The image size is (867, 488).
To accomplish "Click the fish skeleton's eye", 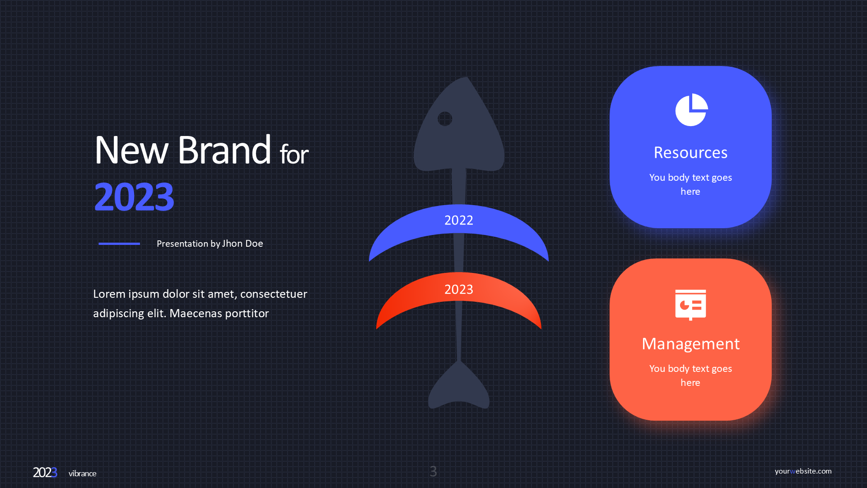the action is tap(445, 119).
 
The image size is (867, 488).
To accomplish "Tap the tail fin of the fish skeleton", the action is tap(459, 386).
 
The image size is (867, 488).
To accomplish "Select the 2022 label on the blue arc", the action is tap(459, 220).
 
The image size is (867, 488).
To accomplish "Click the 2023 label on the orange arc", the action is tap(459, 289).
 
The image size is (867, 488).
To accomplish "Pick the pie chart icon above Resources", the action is tap(691, 110).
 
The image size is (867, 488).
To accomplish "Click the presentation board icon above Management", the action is tap(690, 305).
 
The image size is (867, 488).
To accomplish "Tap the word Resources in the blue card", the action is tap(690, 153).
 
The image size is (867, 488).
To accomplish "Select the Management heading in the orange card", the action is tap(690, 344).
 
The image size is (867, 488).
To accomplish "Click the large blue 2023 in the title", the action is tap(134, 197).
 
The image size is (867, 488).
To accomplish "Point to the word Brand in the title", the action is tap(224, 150).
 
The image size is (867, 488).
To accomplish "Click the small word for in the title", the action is tap(294, 154).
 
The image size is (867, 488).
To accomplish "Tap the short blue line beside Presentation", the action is tap(119, 244).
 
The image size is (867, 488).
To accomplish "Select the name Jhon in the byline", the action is tap(232, 244).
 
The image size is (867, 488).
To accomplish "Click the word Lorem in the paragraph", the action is tap(109, 294).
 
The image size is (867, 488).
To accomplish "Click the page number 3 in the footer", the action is tap(433, 471).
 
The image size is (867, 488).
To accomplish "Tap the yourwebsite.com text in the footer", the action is tap(803, 471).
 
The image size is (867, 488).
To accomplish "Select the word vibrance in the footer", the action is tap(82, 474).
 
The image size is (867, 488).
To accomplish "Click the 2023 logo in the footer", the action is tap(45, 473).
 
